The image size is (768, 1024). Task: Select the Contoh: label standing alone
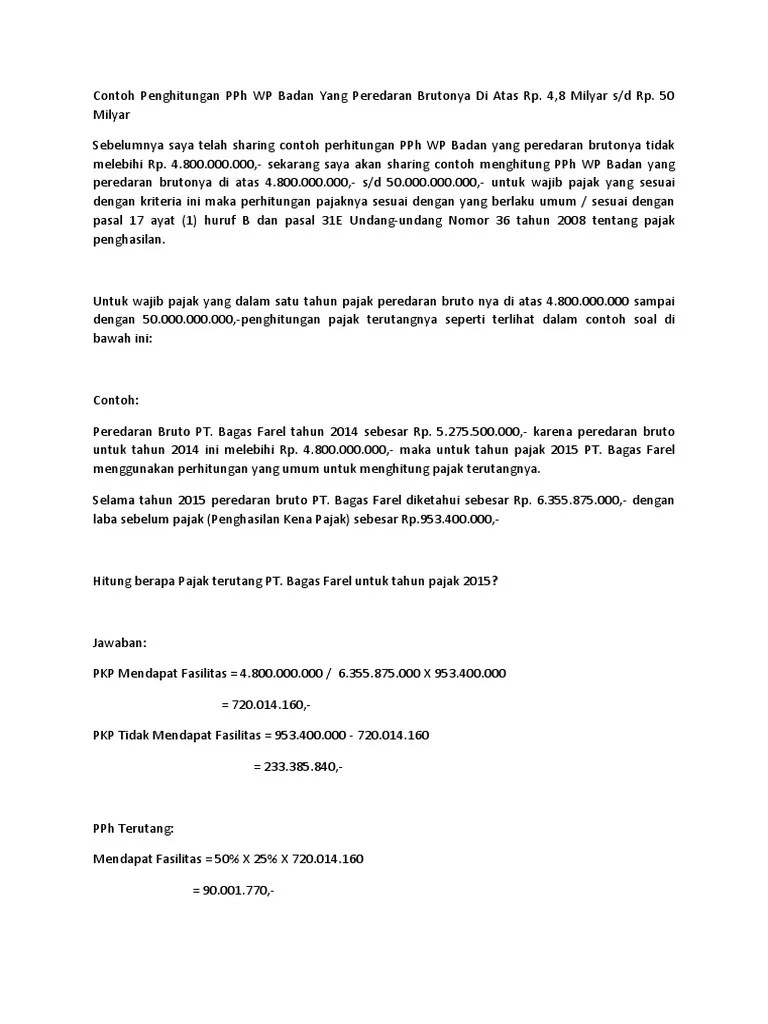[x=115, y=400]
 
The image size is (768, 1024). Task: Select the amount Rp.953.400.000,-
[x=450, y=518]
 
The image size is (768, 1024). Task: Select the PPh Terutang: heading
[x=133, y=829]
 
